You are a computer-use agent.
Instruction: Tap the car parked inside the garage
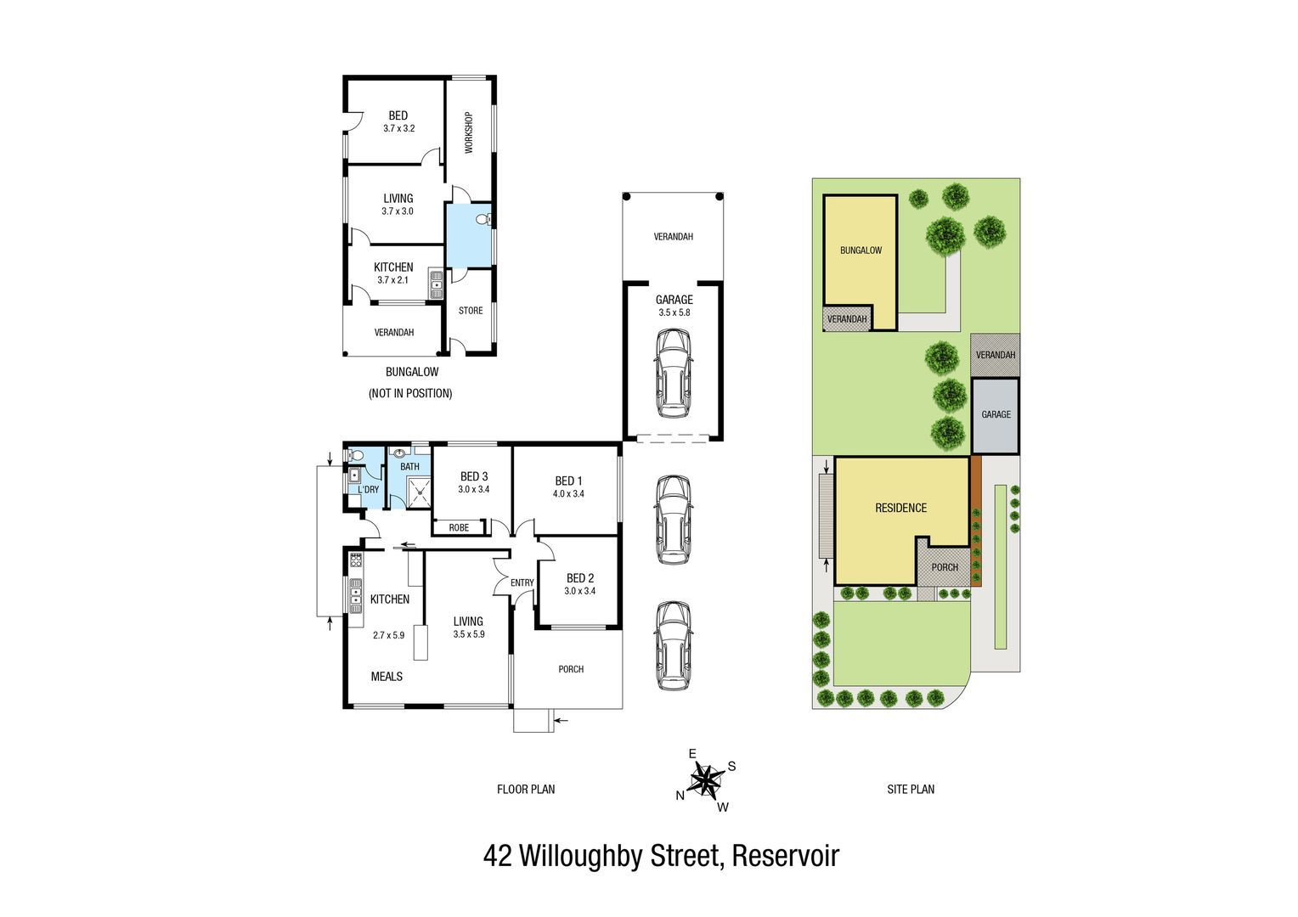[x=674, y=373]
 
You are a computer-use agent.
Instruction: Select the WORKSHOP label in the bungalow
[x=469, y=132]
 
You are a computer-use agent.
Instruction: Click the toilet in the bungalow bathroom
[x=483, y=220]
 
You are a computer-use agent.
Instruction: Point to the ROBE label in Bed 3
[x=459, y=528]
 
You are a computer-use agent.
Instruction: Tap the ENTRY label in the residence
[x=522, y=582]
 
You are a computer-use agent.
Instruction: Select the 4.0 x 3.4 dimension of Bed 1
[x=568, y=494]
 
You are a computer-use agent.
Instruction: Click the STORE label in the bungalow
[x=471, y=311]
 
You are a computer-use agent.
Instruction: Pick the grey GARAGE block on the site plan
[x=996, y=415]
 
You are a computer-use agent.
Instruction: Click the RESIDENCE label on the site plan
[x=901, y=508]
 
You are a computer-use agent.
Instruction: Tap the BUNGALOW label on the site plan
[x=861, y=250]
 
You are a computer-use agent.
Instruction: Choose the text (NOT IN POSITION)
[x=410, y=393]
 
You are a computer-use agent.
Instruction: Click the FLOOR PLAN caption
[x=526, y=789]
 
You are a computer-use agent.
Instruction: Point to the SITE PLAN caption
[x=911, y=789]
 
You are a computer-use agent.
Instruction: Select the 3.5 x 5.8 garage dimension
[x=674, y=312]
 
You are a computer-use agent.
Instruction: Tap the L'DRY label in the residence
[x=368, y=490]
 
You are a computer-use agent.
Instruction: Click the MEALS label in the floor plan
[x=387, y=676]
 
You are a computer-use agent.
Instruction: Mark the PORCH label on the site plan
[x=945, y=568]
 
